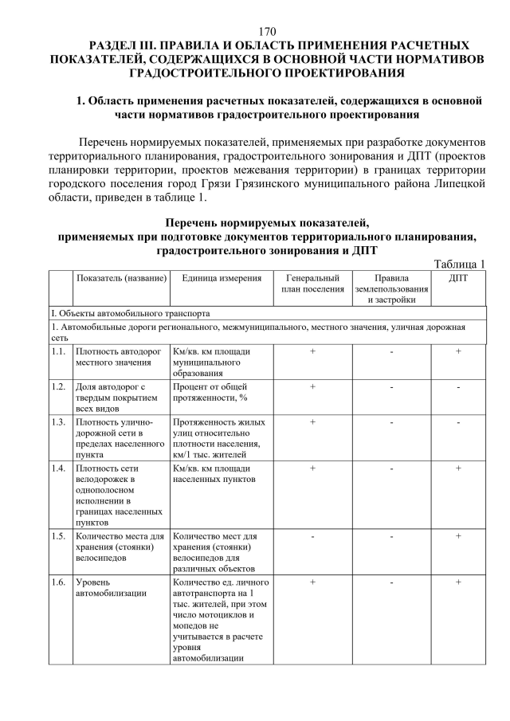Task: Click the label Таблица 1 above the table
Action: click(x=460, y=264)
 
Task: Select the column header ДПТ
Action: click(x=459, y=278)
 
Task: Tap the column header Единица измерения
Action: click(x=221, y=278)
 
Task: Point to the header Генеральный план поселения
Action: click(x=312, y=284)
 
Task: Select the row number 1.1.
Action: click(x=58, y=351)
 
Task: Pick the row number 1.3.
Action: click(x=58, y=422)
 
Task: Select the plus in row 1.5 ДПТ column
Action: click(x=459, y=536)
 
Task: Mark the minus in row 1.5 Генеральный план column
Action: click(x=312, y=536)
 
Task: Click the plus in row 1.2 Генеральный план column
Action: click(x=312, y=386)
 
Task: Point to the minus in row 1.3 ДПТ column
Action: click(x=459, y=422)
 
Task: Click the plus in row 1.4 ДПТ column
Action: click(x=459, y=468)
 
